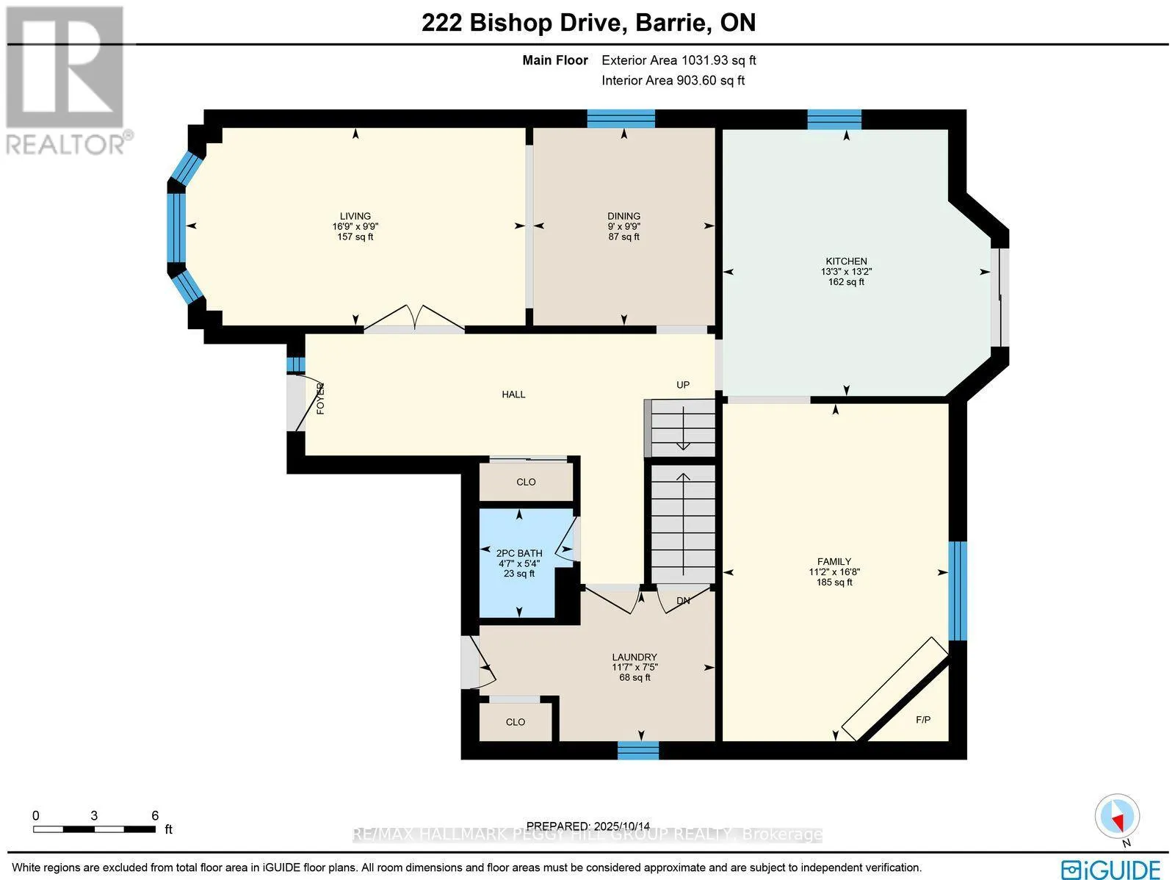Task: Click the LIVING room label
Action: [x=355, y=216]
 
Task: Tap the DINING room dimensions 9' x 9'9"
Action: [x=623, y=226]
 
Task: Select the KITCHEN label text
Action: [x=846, y=261]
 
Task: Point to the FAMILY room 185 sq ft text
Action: [x=834, y=583]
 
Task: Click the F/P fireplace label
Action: [x=923, y=719]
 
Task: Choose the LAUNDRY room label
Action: [x=634, y=657]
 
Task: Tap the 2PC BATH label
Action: [x=519, y=553]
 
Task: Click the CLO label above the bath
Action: [x=526, y=482]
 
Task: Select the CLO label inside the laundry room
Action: [x=516, y=722]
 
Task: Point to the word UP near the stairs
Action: [x=683, y=385]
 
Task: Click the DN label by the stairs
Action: [x=683, y=601]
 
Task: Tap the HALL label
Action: [x=513, y=394]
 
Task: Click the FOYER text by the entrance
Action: [x=320, y=399]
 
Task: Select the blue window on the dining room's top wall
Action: [x=621, y=118]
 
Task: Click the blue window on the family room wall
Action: [x=957, y=591]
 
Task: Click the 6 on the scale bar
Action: [x=155, y=815]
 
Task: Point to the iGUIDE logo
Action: [x=1111, y=869]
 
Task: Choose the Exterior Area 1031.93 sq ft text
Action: [x=679, y=60]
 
